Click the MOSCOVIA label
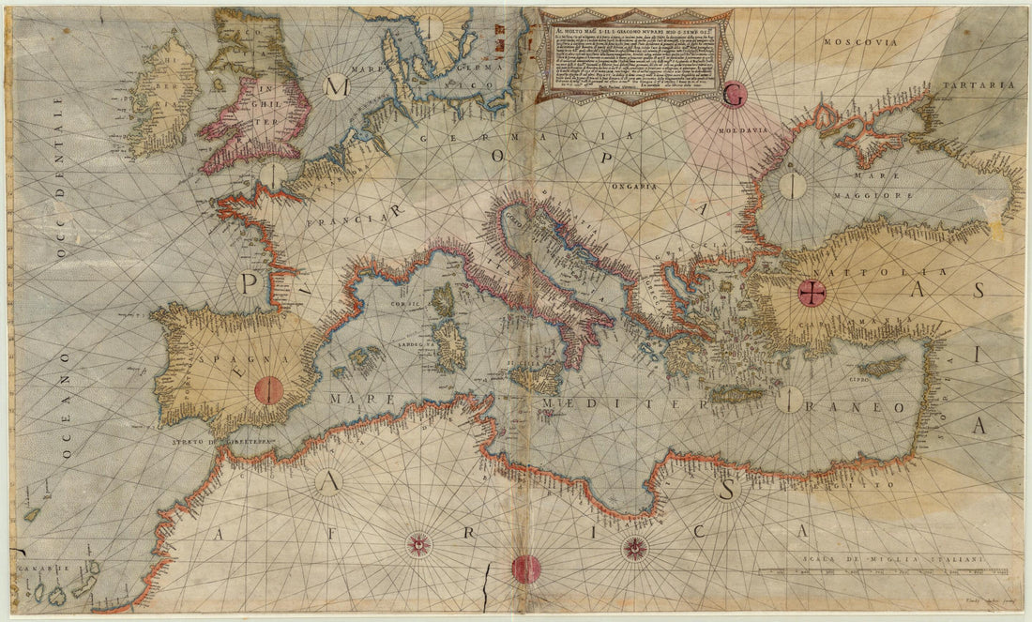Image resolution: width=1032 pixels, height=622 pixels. click(854, 42)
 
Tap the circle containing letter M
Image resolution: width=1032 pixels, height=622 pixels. click(336, 87)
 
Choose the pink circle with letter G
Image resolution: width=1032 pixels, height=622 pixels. click(735, 95)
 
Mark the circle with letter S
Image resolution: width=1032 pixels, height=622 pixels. click(725, 489)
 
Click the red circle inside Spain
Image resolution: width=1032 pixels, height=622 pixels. click(269, 388)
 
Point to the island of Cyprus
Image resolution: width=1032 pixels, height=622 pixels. click(882, 366)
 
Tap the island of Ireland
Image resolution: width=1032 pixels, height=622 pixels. click(161, 99)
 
